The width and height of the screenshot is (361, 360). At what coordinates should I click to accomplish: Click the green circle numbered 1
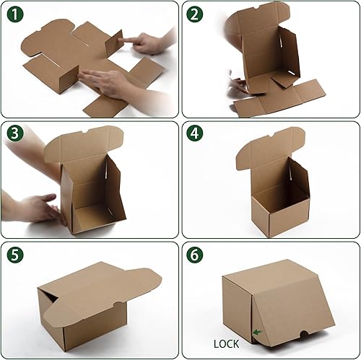14,14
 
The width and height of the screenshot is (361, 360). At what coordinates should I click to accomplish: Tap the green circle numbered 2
195,14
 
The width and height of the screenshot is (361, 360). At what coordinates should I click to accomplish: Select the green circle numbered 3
14,134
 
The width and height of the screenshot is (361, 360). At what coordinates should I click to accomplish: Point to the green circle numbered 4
195,134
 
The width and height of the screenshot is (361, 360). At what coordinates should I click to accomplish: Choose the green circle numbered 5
14,255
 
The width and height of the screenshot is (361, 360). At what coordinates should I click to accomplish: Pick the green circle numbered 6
195,255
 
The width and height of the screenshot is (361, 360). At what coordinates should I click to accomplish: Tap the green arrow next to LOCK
257,333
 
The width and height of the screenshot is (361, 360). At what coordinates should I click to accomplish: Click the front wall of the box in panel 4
274,213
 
